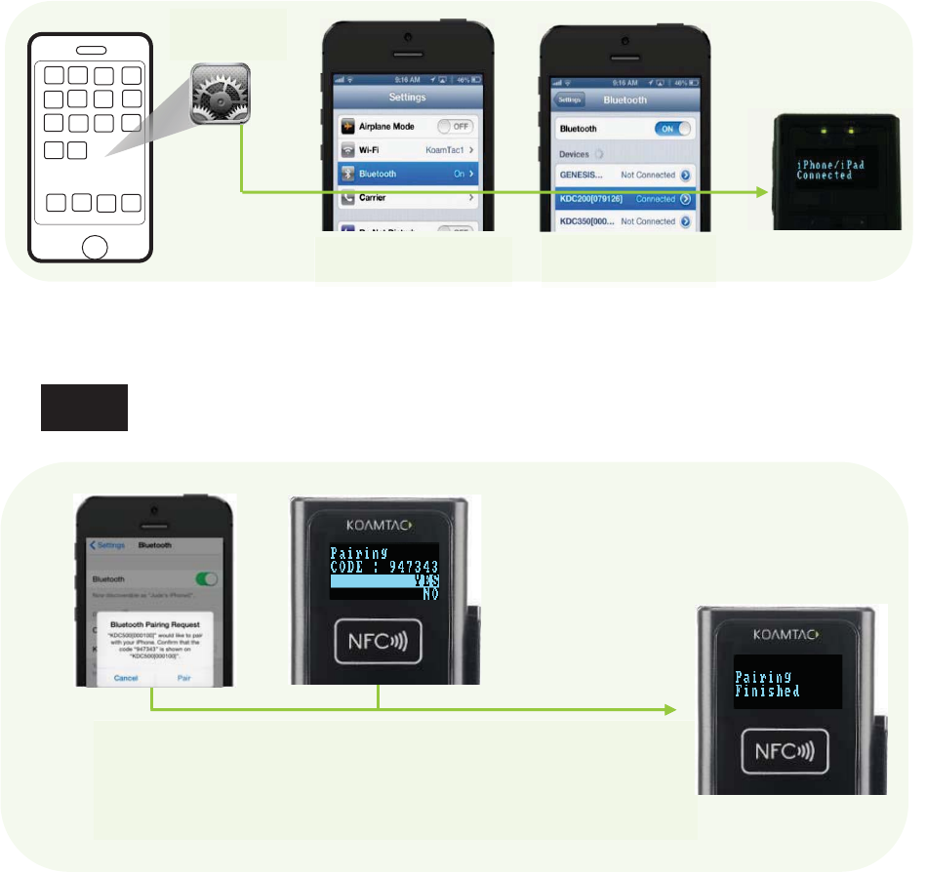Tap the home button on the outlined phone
[94, 246]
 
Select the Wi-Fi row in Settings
[408, 151]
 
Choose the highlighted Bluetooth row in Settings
[408, 174]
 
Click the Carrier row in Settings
[408, 197]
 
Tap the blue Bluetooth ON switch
[672, 129]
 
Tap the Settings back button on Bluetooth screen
[570, 99]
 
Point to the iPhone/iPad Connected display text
[825, 169]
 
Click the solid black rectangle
[84, 408]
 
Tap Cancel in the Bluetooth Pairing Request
[125, 677]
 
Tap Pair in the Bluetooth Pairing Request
[182, 677]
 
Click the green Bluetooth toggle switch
[206, 578]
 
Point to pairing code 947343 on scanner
[384, 565]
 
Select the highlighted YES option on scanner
[384, 580]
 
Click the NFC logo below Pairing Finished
[792, 752]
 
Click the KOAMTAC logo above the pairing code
[383, 520]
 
